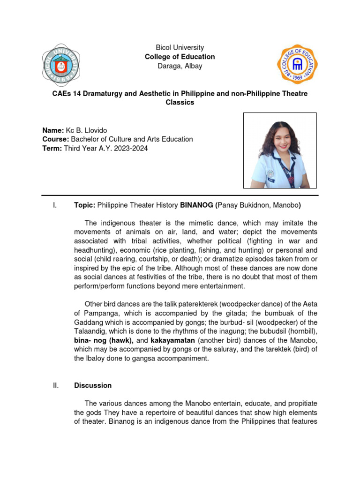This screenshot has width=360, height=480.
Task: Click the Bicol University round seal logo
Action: point(61,66)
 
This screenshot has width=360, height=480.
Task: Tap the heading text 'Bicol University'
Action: point(180,47)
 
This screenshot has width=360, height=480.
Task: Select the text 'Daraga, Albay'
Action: point(180,66)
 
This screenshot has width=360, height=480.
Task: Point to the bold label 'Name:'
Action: point(53,130)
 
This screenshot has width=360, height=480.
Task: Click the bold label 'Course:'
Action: point(56,139)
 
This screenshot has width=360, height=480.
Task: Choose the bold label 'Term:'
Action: point(52,149)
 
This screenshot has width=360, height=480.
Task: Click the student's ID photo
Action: point(280,150)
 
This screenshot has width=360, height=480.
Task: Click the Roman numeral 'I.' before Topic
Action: point(54,205)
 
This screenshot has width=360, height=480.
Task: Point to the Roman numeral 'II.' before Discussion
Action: point(55,385)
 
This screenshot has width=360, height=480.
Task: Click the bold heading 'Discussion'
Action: point(93,385)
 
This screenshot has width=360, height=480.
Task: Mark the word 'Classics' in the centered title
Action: point(180,102)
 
